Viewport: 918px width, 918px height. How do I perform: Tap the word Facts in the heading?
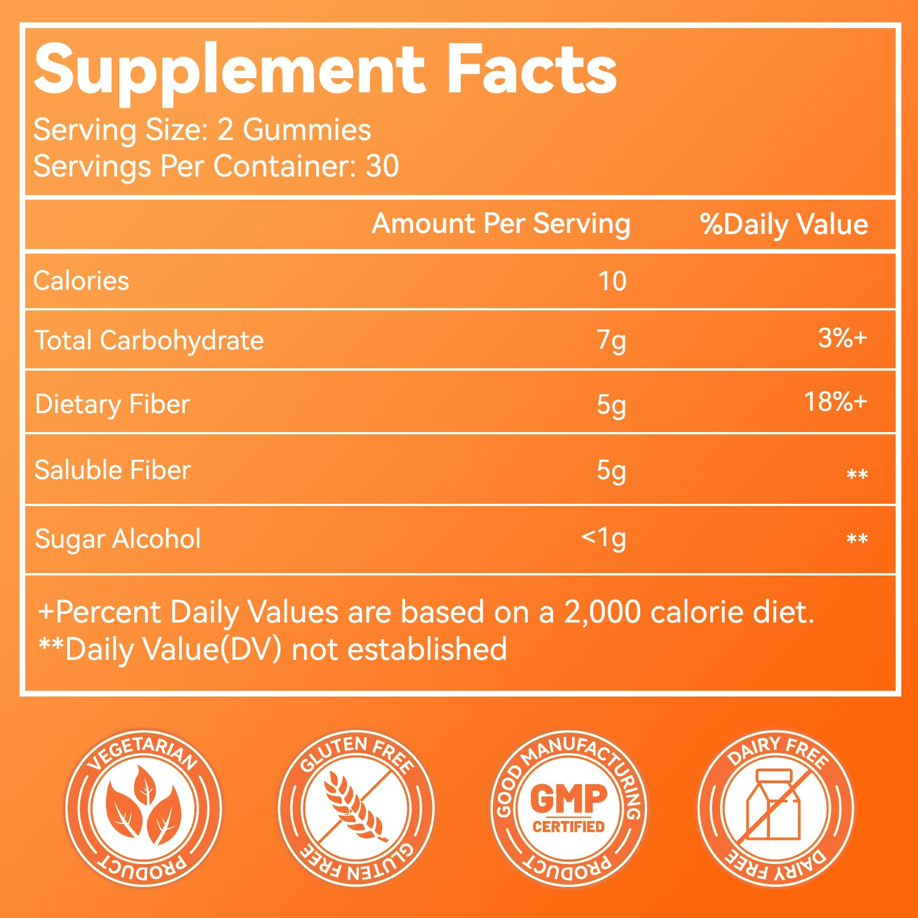pyautogui.click(x=531, y=70)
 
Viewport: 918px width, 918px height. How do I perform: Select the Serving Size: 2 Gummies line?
pyautogui.click(x=202, y=130)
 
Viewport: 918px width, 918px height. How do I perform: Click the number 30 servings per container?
pyautogui.click(x=382, y=166)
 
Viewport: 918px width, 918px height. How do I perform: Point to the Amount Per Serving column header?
pyautogui.click(x=501, y=223)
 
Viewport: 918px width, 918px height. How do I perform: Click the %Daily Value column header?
pyautogui.click(x=784, y=224)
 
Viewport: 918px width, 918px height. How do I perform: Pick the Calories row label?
pyautogui.click(x=81, y=281)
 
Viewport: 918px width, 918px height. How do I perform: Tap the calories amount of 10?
pyautogui.click(x=612, y=281)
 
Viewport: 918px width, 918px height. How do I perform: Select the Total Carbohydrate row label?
pyautogui.click(x=149, y=340)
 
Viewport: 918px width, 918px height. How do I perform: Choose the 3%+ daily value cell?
pyautogui.click(x=842, y=338)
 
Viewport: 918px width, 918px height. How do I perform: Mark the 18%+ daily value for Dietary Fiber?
pyautogui.click(x=835, y=402)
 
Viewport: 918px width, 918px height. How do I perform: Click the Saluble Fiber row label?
pyautogui.click(x=112, y=470)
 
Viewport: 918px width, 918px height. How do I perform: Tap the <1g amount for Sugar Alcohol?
pyautogui.click(x=604, y=538)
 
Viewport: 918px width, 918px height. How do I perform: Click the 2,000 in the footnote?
pyautogui.click(x=602, y=612)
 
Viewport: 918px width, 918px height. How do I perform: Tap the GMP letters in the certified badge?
pyautogui.click(x=568, y=798)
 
